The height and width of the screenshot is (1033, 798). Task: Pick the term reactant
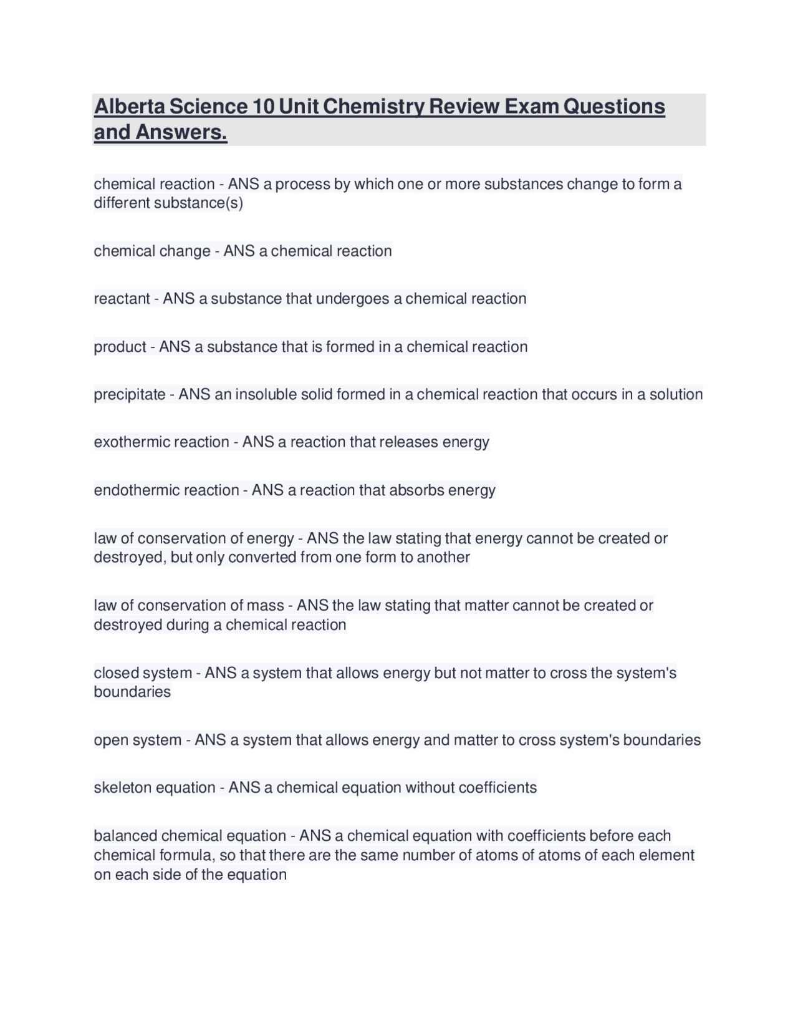click(x=122, y=299)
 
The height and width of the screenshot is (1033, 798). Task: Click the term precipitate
click(x=130, y=395)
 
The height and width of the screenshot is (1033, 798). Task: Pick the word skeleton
click(x=122, y=788)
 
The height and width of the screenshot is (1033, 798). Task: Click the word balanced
click(x=125, y=836)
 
